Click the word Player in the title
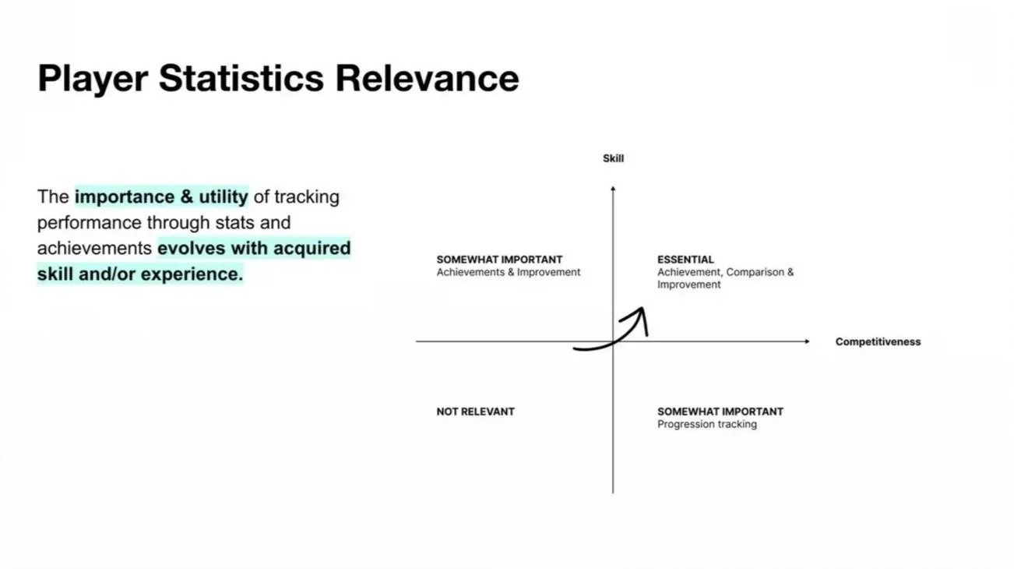[92, 80]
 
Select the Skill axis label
[613, 158]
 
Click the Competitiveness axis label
[878, 341]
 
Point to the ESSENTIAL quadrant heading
[685, 260]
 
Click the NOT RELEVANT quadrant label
[475, 412]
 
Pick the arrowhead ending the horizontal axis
[807, 341]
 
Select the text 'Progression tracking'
[706, 425]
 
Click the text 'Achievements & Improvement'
[508, 273]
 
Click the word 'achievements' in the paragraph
[94, 249]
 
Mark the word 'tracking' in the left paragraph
[307, 196]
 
